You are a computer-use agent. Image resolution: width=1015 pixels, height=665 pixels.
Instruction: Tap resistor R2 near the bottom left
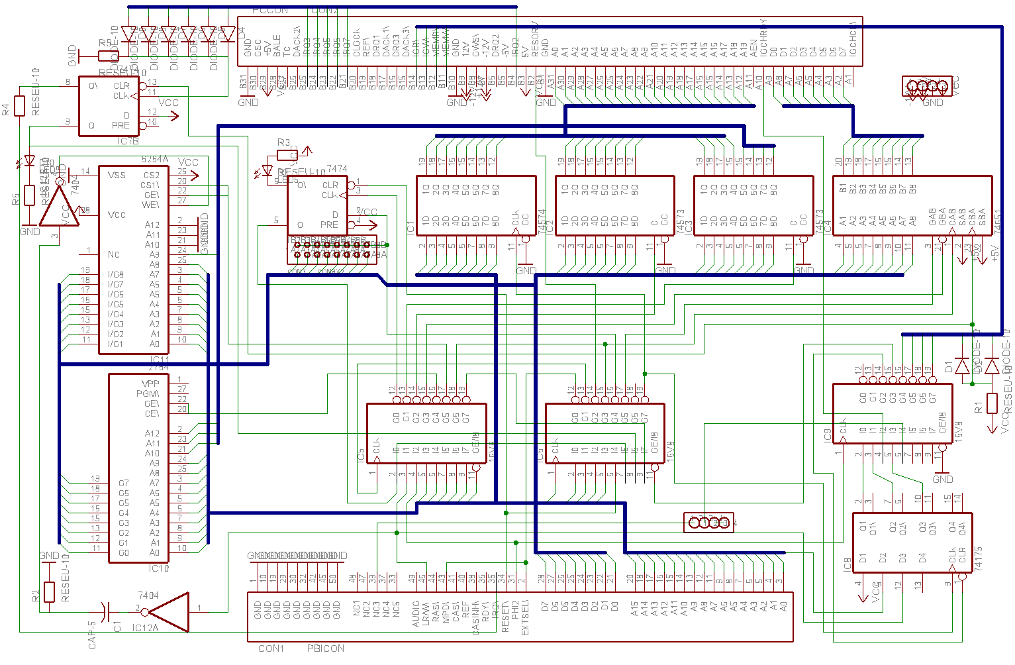pyautogui.click(x=50, y=592)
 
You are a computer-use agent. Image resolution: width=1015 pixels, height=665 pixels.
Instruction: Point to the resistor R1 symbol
pyautogui.click(x=992, y=403)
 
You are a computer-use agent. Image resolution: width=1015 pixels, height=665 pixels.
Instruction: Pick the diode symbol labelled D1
pyautogui.click(x=962, y=366)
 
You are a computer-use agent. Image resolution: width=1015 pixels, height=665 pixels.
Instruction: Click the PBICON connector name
pyautogui.click(x=325, y=648)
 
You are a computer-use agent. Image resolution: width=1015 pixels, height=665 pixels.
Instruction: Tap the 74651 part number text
pyautogui.click(x=998, y=221)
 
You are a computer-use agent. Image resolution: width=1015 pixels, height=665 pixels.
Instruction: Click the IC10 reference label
pyautogui.click(x=159, y=568)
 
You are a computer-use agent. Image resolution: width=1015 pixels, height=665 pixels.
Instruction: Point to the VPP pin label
pyautogui.click(x=150, y=384)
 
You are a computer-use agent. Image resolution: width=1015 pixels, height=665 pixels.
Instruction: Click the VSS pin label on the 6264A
pyautogui.click(x=117, y=175)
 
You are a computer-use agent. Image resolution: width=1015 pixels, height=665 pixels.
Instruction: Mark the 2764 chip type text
pyautogui.click(x=158, y=367)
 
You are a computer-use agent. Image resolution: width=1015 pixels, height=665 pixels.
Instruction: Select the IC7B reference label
pyautogui.click(x=128, y=141)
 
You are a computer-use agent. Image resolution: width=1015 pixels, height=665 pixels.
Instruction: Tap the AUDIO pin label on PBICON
pyautogui.click(x=416, y=614)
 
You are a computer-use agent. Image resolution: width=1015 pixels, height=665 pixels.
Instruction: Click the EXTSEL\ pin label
pyautogui.click(x=526, y=619)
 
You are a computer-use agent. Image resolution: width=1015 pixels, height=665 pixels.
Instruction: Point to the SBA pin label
pyautogui.click(x=982, y=215)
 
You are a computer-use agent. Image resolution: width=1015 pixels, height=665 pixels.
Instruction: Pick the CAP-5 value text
pyautogui.click(x=93, y=634)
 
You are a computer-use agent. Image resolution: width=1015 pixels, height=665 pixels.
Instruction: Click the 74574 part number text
pyautogui.click(x=542, y=221)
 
